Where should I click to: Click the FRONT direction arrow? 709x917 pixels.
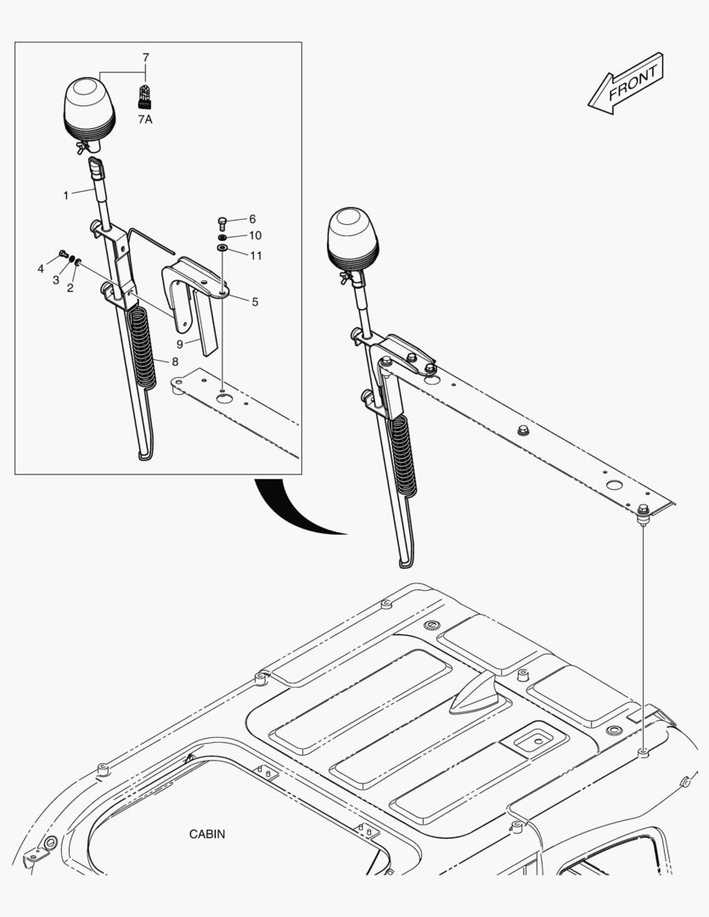[625, 82]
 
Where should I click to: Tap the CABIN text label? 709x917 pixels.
[207, 834]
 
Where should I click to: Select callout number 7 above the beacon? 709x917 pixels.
[145, 58]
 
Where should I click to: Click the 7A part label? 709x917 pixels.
[145, 120]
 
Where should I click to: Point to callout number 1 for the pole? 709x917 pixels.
[66, 195]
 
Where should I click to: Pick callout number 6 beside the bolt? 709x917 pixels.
[252, 219]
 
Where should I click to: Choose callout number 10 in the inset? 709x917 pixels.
[255, 235]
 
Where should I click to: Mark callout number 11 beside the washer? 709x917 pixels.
[255, 254]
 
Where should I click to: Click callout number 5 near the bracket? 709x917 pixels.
[255, 301]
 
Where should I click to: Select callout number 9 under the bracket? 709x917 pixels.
[179, 344]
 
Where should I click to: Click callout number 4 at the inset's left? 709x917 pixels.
[40, 269]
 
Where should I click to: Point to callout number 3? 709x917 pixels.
[55, 280]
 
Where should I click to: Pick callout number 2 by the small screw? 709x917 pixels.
[70, 288]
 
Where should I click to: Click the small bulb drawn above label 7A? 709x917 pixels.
[145, 95]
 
